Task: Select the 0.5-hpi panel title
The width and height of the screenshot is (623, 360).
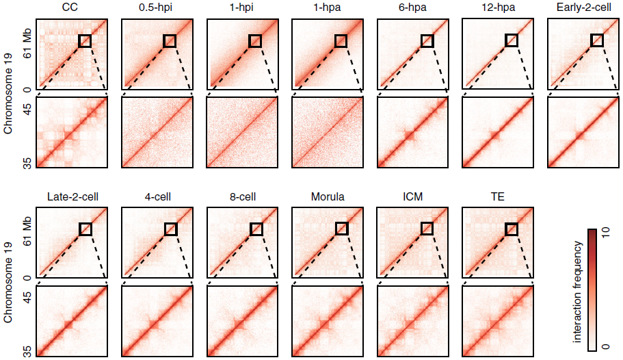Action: coord(157,9)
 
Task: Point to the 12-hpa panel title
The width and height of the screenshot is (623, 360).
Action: coord(497,9)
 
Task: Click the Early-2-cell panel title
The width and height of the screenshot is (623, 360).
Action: coord(583,9)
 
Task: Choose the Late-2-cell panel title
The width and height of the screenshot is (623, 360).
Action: coord(72,197)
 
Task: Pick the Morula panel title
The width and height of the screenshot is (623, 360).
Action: coord(327,197)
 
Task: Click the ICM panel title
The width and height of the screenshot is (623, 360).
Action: coord(412,197)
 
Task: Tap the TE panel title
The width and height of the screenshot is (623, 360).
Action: coord(497,197)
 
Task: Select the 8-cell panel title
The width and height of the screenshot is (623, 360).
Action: coord(242,197)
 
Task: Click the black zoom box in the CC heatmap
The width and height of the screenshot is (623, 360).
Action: coord(85,41)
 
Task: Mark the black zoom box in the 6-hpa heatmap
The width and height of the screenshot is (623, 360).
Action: coord(426,41)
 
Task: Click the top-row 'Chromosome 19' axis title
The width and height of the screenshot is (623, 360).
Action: coord(8,92)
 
